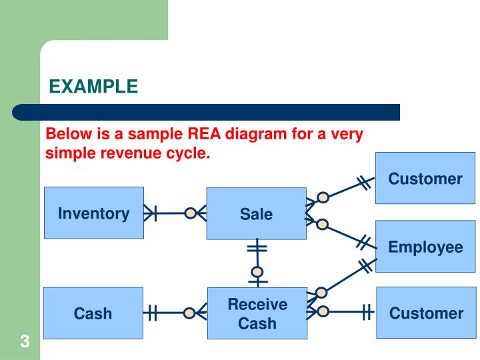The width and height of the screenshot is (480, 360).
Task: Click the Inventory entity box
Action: pyautogui.click(x=93, y=213)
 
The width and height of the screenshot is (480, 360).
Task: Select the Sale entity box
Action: pyautogui.click(x=256, y=213)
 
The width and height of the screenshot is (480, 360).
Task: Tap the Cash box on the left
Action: pyautogui.click(x=93, y=313)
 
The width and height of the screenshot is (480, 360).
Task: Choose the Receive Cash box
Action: pyautogui.click(x=257, y=313)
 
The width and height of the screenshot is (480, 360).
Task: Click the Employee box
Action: pyautogui.click(x=425, y=247)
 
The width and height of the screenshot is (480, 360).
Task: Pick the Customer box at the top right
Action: pyautogui.click(x=425, y=178)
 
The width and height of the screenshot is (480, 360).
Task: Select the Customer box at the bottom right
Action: pyautogui.click(x=426, y=313)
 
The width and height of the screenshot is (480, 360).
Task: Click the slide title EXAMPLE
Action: pyautogui.click(x=93, y=87)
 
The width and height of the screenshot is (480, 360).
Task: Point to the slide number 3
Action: pyautogui.click(x=24, y=343)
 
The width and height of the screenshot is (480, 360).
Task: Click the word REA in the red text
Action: pyautogui.click(x=205, y=134)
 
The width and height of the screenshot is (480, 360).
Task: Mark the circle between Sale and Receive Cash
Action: pyautogui.click(x=257, y=272)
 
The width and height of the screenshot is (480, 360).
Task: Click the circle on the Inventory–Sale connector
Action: pyautogui.click(x=191, y=213)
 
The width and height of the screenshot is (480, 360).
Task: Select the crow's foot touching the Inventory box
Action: pyautogui.click(x=151, y=213)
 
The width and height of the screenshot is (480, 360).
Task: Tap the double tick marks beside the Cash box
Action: pyautogui.click(x=152, y=313)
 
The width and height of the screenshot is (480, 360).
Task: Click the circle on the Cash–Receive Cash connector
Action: pyautogui.click(x=190, y=313)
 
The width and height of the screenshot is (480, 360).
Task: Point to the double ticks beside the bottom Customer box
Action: pyautogui.click(x=366, y=311)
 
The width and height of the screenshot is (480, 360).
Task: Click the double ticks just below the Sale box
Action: pyautogui.click(x=257, y=249)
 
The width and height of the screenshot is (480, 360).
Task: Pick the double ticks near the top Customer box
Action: pyautogui.click(x=363, y=183)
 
